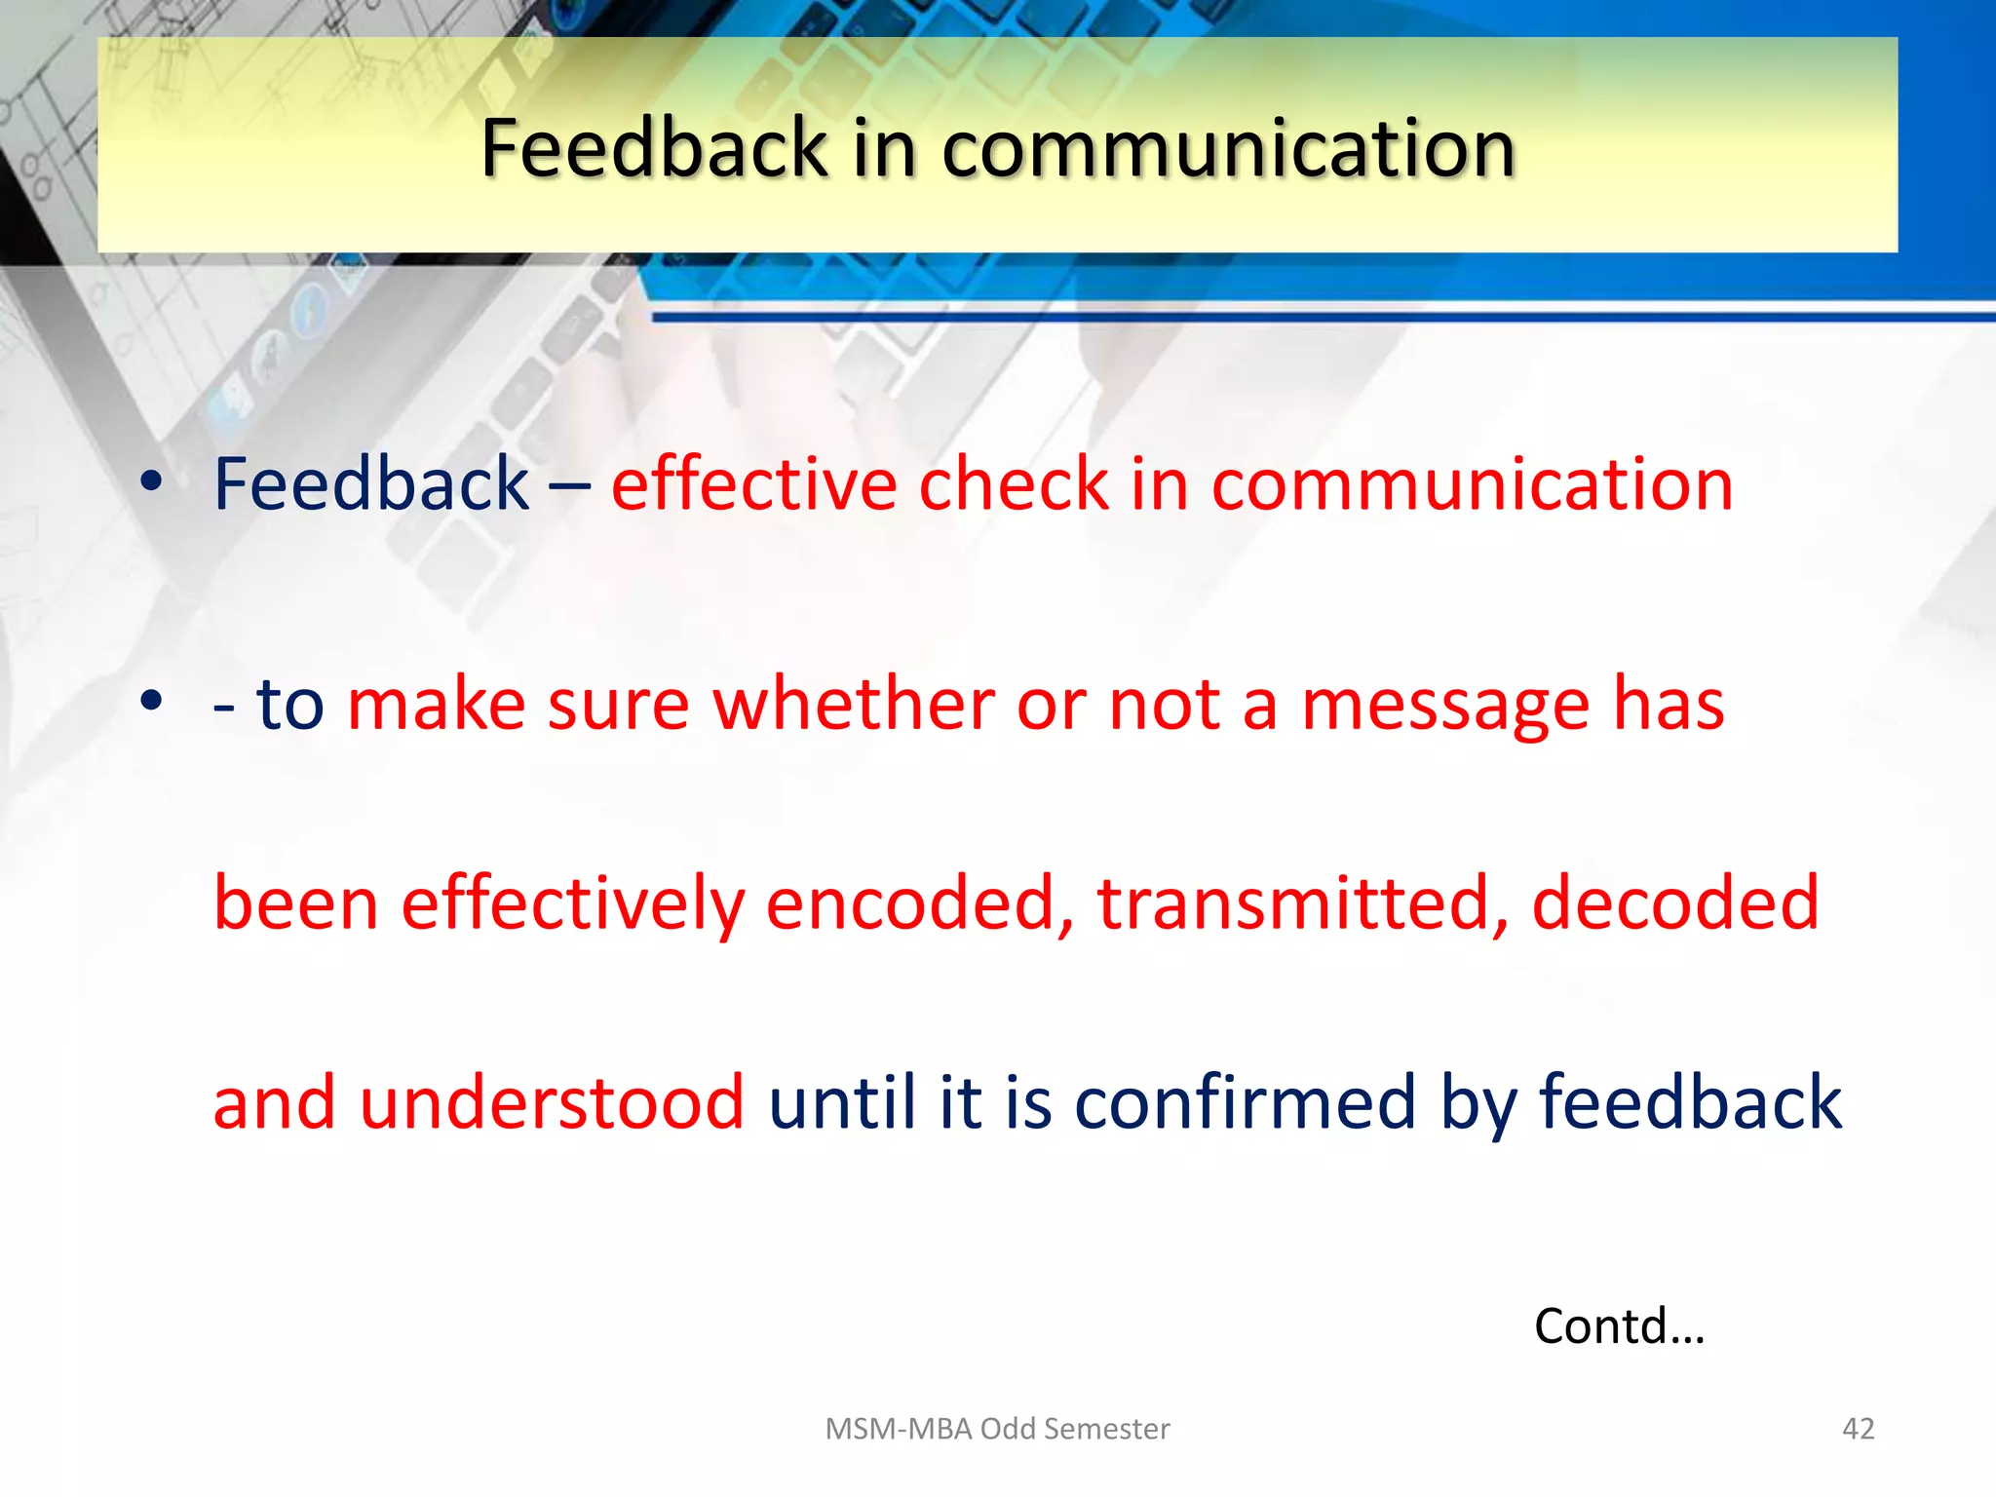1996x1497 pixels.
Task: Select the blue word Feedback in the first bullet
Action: click(x=370, y=484)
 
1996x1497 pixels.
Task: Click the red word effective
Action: click(x=753, y=484)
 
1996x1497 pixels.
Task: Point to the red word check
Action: click(x=1014, y=484)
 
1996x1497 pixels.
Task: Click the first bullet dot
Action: click(x=151, y=480)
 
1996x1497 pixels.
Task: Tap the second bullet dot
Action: click(x=151, y=700)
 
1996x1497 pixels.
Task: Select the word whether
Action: click(x=853, y=704)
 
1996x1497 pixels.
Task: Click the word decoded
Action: click(x=1674, y=903)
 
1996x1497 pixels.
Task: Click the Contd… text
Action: click(x=1619, y=1326)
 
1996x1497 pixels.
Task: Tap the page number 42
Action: click(x=1858, y=1429)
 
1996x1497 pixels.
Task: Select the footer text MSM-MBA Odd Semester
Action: click(x=997, y=1429)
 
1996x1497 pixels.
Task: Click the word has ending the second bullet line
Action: click(x=1669, y=704)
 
